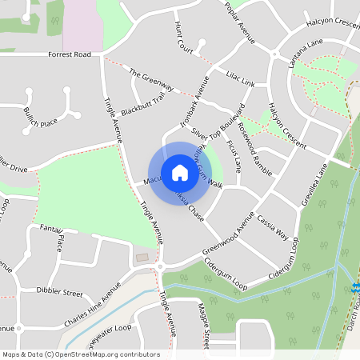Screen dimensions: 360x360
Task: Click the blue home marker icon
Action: (x=179, y=172)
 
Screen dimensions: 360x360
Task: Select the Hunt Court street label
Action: (x=183, y=38)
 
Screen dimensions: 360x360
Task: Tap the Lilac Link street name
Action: (x=240, y=83)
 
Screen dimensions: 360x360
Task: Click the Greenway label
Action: (x=151, y=80)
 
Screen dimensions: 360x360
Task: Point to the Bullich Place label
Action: (x=41, y=118)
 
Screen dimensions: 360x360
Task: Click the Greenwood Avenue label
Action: (x=228, y=231)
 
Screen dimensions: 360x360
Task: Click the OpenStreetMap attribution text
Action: (x=80, y=354)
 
